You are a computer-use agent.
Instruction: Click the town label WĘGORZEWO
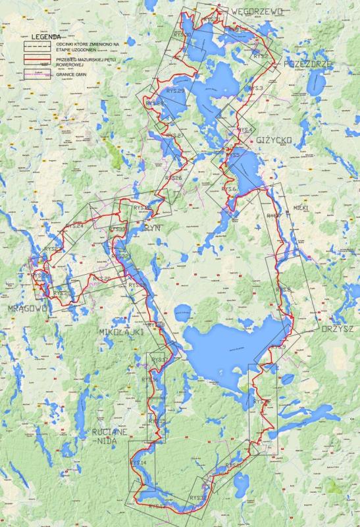(257, 11)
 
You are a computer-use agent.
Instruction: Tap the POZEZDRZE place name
(308, 63)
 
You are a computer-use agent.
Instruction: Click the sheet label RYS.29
(176, 91)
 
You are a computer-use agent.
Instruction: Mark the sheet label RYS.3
(256, 88)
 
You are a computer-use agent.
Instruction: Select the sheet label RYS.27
(175, 136)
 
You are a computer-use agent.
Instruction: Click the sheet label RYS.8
(284, 290)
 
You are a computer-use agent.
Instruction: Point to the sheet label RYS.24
(75, 227)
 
